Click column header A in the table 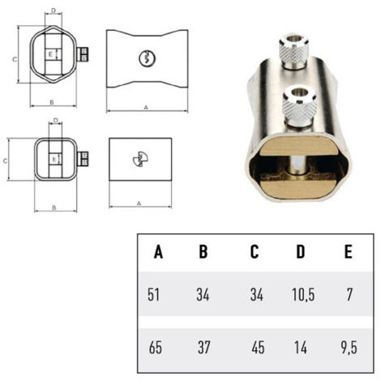pos(158,252)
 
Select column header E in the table pos(349,252)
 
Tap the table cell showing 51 pos(153,294)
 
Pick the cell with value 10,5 pos(303,294)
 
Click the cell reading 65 pos(156,348)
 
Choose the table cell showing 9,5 pos(349,348)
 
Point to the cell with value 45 pos(258,348)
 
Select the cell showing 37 pos(203,348)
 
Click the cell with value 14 pos(301,348)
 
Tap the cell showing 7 pos(349,294)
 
